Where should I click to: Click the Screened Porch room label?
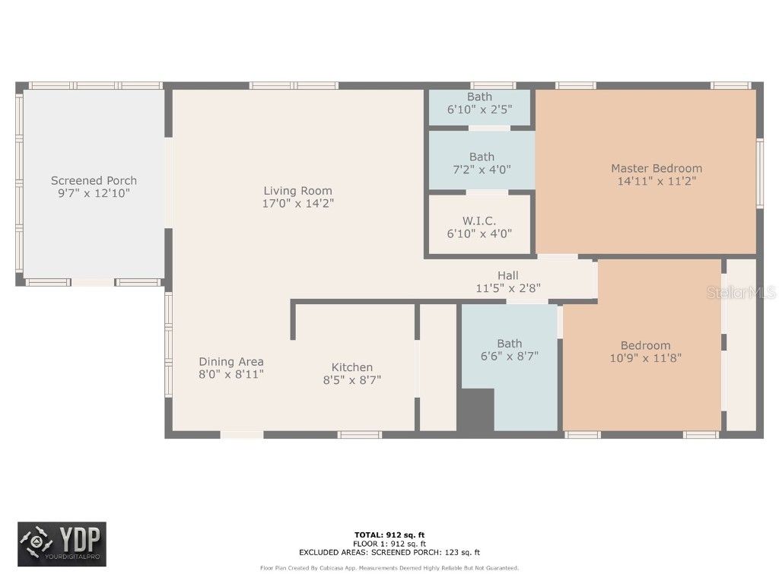(x=94, y=180)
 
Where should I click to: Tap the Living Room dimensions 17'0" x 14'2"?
(x=297, y=204)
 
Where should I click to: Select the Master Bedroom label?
(x=656, y=168)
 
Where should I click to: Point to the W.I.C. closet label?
(x=479, y=221)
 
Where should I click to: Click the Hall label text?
(x=508, y=275)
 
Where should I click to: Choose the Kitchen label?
(x=351, y=367)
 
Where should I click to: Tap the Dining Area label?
(x=231, y=361)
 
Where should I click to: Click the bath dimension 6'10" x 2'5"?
(x=479, y=109)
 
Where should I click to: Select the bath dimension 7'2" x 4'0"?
(x=482, y=170)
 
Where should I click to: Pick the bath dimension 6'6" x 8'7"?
(x=510, y=356)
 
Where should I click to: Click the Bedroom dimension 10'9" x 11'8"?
(x=645, y=357)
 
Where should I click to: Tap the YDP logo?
(x=62, y=544)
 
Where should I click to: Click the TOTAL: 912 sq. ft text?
(x=389, y=535)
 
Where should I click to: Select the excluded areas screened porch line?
(x=389, y=553)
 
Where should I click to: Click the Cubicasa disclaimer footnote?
(x=389, y=568)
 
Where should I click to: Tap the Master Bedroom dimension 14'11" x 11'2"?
(x=656, y=181)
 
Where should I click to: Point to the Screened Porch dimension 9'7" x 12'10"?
(x=94, y=193)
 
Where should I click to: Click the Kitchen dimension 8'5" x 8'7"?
(x=351, y=379)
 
